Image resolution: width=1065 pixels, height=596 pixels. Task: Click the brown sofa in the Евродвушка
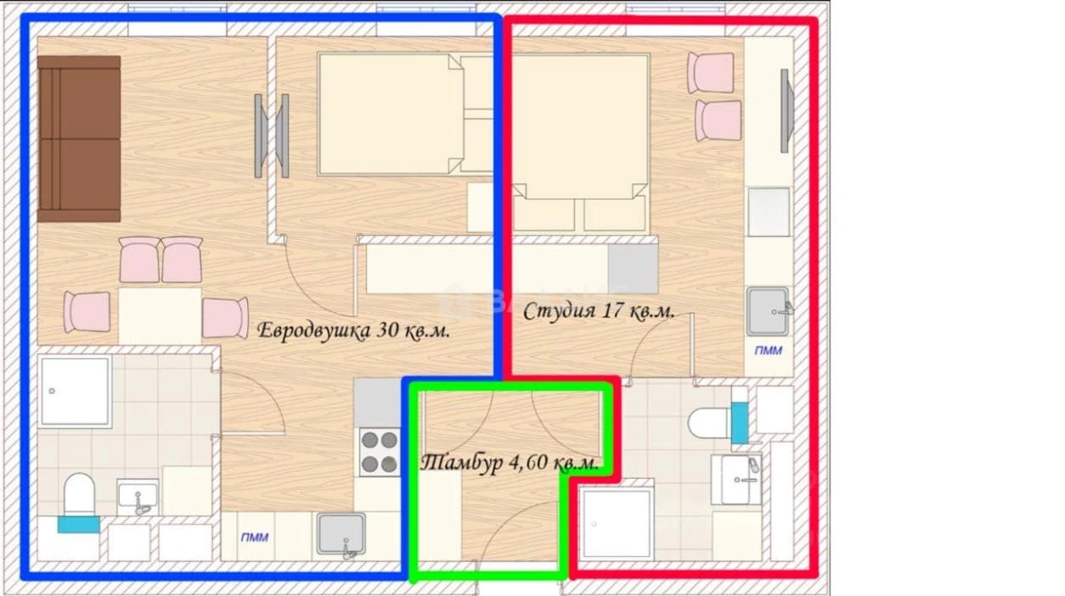coord(79,138)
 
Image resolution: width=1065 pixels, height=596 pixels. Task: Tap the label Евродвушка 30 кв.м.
coord(353,330)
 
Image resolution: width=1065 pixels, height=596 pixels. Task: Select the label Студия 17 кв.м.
coord(599,312)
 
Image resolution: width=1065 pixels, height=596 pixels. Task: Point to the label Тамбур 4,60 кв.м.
coord(510,463)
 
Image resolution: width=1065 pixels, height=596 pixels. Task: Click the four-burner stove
coord(380,452)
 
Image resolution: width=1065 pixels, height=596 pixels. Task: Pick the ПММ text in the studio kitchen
coord(769,351)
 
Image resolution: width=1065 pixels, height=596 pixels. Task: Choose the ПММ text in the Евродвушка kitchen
coord(255,537)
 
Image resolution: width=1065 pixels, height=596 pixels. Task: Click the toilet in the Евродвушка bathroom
coord(79,494)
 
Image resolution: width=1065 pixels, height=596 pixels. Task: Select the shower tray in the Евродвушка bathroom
coord(76,391)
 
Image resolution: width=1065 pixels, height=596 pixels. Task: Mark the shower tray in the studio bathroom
coord(617,524)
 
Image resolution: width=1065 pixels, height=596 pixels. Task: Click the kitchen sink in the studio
coord(768,312)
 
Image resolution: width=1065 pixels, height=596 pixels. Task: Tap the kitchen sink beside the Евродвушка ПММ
coord(341,534)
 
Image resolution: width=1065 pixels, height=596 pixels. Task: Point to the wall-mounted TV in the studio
coord(786,110)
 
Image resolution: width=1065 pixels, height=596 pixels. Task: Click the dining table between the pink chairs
coord(160,315)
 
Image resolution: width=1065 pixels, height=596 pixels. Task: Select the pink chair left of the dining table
coord(87,312)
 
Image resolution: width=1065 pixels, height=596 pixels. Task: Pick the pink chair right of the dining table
coord(225,318)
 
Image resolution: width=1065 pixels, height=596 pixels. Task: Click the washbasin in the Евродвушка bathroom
coord(138,496)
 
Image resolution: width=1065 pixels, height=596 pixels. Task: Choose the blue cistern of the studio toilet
coord(740,424)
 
